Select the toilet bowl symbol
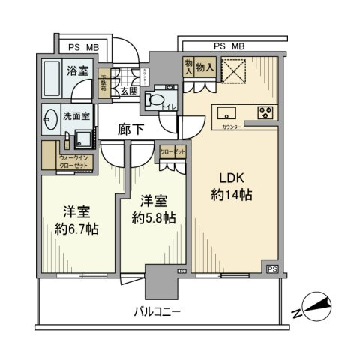click(x=156, y=100)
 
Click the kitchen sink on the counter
click(x=226, y=113)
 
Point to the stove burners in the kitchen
click(x=265, y=113)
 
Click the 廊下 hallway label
click(x=130, y=130)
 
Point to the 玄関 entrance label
click(x=127, y=91)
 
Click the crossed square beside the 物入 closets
click(x=234, y=71)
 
